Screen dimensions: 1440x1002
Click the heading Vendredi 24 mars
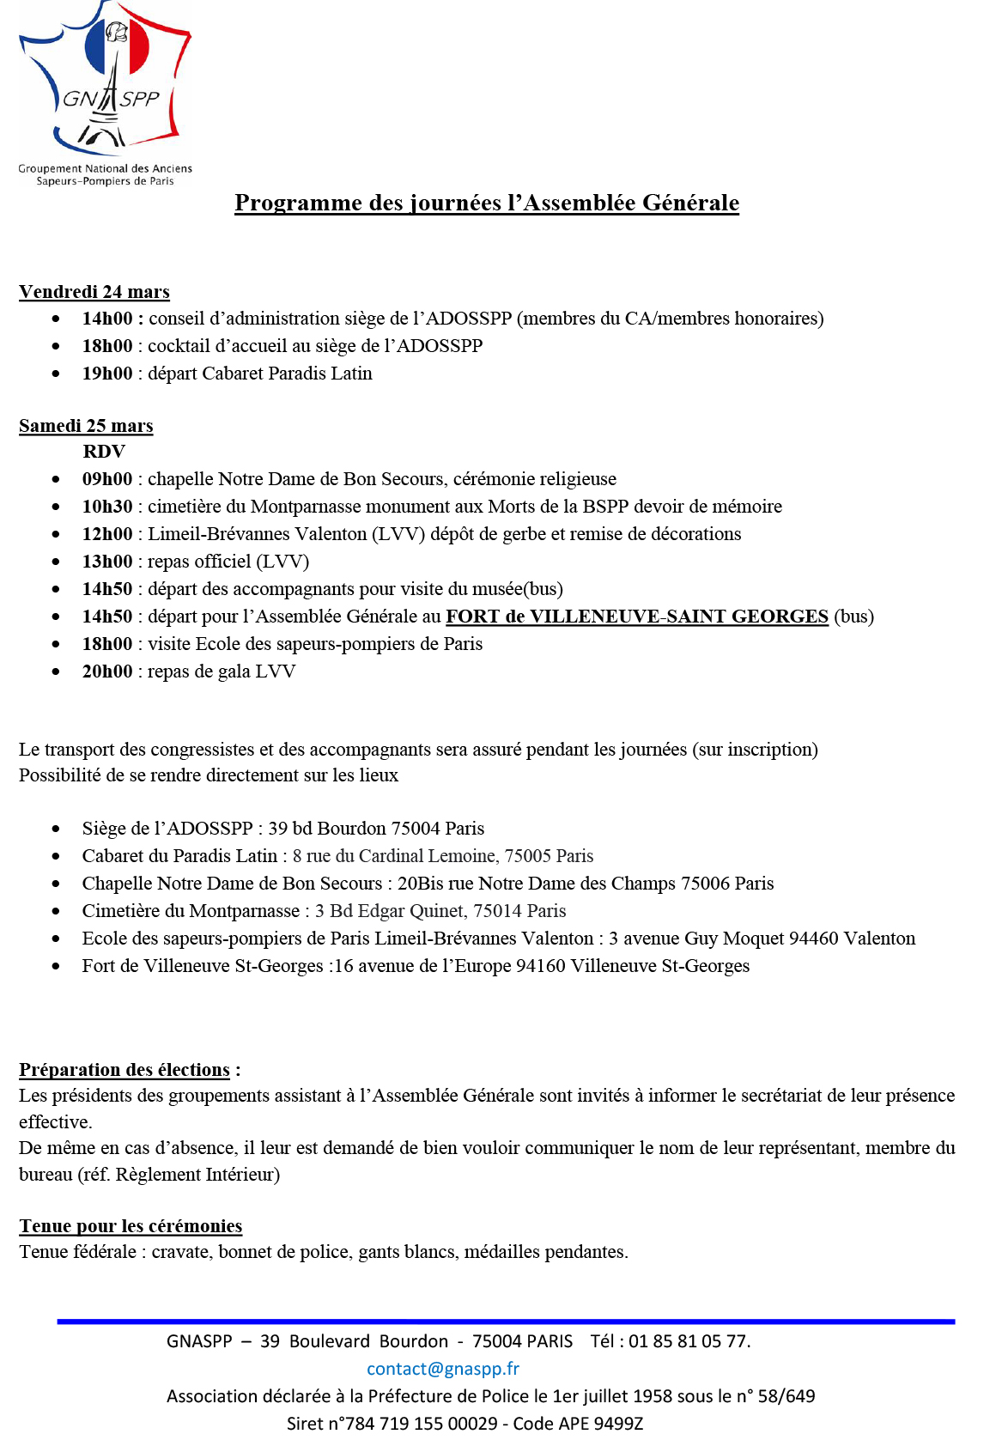coord(94,292)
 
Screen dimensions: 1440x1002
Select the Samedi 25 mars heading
coord(86,426)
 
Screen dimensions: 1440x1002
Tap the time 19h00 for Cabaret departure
coord(107,374)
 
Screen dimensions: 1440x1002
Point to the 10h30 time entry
coord(107,507)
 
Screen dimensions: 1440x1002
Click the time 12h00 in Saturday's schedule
coord(107,534)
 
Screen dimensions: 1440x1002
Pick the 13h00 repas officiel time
coord(107,562)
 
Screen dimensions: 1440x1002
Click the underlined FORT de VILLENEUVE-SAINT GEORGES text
coord(636,617)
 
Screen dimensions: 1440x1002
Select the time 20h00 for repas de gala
coord(107,671)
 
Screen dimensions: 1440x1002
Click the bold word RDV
coord(104,452)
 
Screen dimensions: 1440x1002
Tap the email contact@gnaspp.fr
coord(443,1369)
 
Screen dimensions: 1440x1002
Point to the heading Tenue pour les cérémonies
coord(131,1226)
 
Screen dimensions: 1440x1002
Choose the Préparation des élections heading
coord(124,1070)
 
